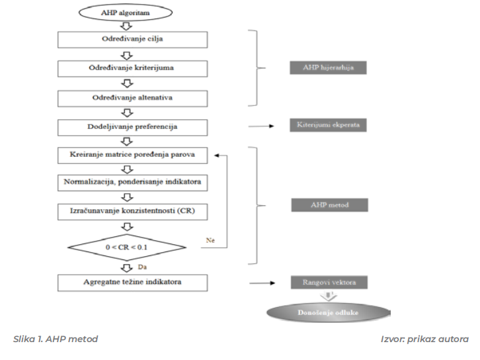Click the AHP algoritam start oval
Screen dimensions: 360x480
click(126, 12)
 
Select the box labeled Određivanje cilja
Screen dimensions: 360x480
click(133, 39)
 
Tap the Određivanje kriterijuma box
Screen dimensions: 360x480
click(133, 68)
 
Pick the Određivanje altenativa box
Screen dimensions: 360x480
click(133, 98)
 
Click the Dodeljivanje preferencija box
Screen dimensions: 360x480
click(133, 126)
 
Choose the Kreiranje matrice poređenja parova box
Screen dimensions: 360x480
click(133, 156)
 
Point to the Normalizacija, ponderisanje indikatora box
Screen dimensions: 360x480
click(133, 183)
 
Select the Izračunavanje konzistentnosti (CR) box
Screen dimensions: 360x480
click(133, 210)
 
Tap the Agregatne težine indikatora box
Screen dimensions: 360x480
click(133, 283)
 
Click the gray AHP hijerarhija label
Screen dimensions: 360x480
click(329, 68)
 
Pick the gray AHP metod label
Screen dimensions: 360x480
click(329, 205)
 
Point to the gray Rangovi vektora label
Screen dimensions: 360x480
click(329, 283)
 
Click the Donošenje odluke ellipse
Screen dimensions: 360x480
click(329, 312)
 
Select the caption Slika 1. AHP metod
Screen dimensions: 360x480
click(56, 339)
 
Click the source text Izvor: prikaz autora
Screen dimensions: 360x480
click(424, 339)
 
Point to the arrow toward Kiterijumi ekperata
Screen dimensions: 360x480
click(262, 126)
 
